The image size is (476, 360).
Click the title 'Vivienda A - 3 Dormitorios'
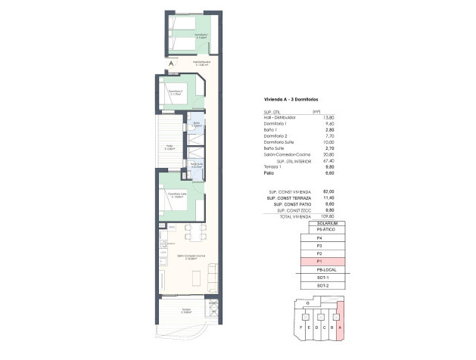point(291,100)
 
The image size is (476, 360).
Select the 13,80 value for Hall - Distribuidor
point(328,117)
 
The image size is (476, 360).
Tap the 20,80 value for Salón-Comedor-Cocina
point(328,154)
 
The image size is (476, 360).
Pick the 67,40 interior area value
point(328,161)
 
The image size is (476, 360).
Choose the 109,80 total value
point(328,217)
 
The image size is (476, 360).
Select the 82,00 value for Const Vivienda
point(328,192)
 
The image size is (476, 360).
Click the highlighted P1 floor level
point(321,260)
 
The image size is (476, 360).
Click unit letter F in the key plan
point(303,327)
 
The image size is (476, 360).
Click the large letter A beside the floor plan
point(171,64)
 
